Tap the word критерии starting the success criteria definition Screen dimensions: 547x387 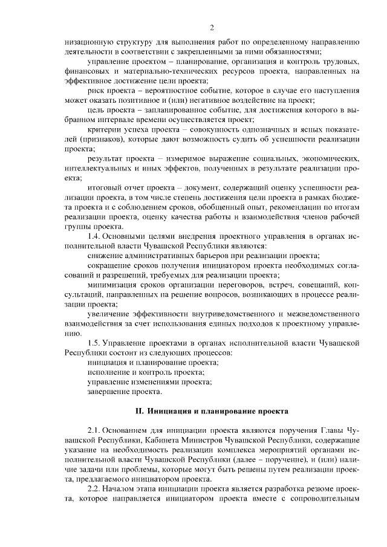pyautogui.click(x=105, y=129)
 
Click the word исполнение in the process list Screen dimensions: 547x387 pyautogui.click(x=109, y=372)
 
